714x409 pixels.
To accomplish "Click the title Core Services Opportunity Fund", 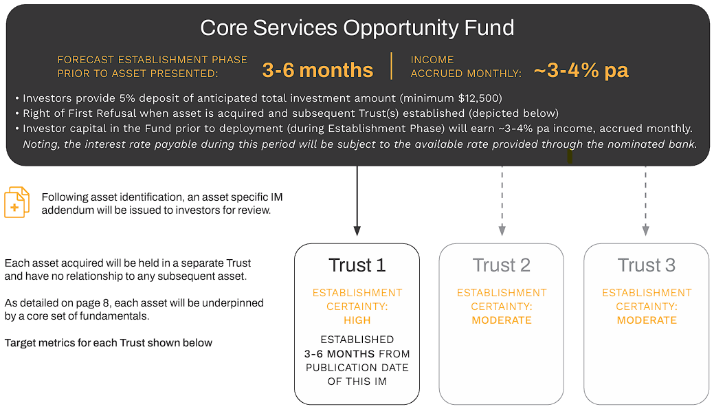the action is pyautogui.click(x=357, y=27).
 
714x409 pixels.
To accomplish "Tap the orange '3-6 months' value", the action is pyautogui.click(x=318, y=70).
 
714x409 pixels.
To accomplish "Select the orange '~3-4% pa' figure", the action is pyautogui.click(x=581, y=70).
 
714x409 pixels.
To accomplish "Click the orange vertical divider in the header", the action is pyautogui.click(x=392, y=66).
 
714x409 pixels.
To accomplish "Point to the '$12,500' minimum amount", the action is pyautogui.click(x=480, y=98).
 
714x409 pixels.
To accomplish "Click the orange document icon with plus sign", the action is pyautogui.click(x=17, y=202).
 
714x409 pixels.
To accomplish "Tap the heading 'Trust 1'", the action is pyautogui.click(x=357, y=265).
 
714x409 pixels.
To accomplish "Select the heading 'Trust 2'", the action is pyautogui.click(x=502, y=265).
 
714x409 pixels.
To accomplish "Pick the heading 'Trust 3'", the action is pyautogui.click(x=646, y=265).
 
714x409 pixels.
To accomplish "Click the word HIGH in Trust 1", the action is pyautogui.click(x=357, y=320).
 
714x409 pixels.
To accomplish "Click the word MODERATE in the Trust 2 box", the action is pyautogui.click(x=502, y=320).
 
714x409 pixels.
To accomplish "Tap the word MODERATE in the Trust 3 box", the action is pyautogui.click(x=647, y=320).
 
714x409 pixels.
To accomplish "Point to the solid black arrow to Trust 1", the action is pyautogui.click(x=357, y=201).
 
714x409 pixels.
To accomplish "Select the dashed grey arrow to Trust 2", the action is pyautogui.click(x=502, y=201).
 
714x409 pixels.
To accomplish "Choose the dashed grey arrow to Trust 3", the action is pyautogui.click(x=645, y=201).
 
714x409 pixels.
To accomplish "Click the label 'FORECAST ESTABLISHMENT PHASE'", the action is pyautogui.click(x=152, y=60).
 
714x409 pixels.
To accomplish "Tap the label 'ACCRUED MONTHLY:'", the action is pyautogui.click(x=466, y=74).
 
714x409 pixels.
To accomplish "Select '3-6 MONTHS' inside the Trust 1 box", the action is pyautogui.click(x=339, y=354).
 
